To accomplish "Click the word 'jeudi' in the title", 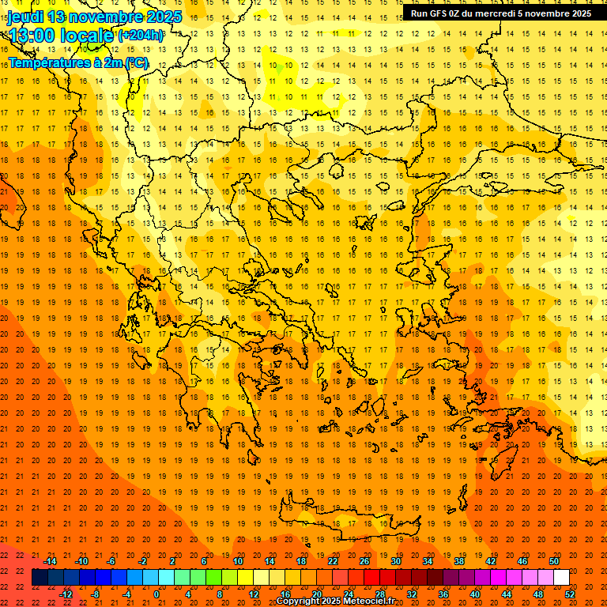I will tap(25, 17).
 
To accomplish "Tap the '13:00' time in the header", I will tap(32, 36).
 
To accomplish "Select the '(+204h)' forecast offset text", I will tap(141, 36).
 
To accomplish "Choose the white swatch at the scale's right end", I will tap(561, 578).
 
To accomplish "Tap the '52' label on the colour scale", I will tap(570, 594).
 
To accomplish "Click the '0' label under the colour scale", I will tap(156, 594).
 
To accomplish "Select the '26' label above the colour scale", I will tap(364, 561).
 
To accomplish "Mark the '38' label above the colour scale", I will tap(459, 561).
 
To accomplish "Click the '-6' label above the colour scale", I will tap(111, 561).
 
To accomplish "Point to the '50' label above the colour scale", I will tap(554, 561).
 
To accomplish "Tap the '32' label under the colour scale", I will tap(412, 594).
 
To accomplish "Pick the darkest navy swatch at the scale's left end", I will tap(40, 578).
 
